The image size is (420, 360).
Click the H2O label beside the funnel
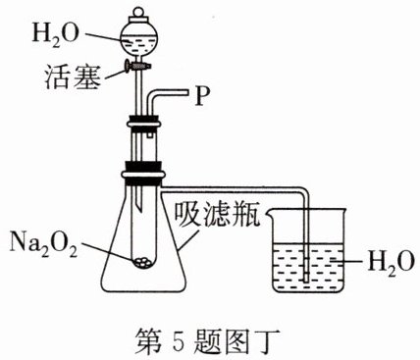click(55, 35)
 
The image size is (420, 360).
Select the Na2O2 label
click(43, 243)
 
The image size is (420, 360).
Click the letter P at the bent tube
click(202, 96)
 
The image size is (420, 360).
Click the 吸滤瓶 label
click(217, 215)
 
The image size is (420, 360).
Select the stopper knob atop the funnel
click(137, 14)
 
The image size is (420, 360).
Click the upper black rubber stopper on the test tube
click(144, 123)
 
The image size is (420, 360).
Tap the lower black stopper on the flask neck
click(143, 174)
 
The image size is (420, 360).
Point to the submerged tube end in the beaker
click(306, 279)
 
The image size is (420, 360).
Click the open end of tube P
click(188, 93)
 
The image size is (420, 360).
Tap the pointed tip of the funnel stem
click(139, 209)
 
